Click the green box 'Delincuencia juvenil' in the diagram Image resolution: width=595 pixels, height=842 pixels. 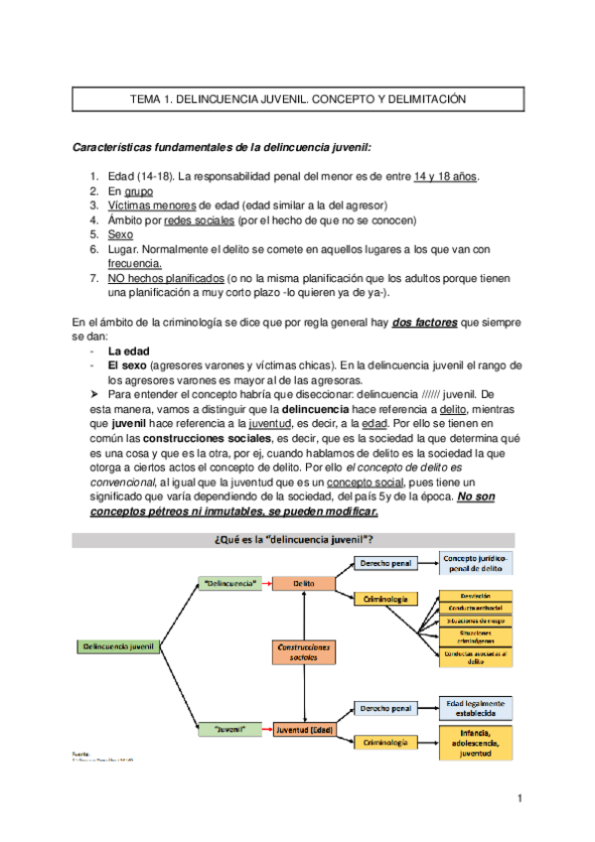[x=115, y=646]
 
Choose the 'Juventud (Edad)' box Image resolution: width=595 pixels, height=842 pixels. [x=304, y=729]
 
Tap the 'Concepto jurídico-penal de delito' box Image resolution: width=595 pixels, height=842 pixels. [x=478, y=563]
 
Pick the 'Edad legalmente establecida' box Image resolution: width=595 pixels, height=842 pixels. [x=478, y=706]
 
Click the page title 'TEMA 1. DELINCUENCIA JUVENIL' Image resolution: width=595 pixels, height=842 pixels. [x=297, y=100]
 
